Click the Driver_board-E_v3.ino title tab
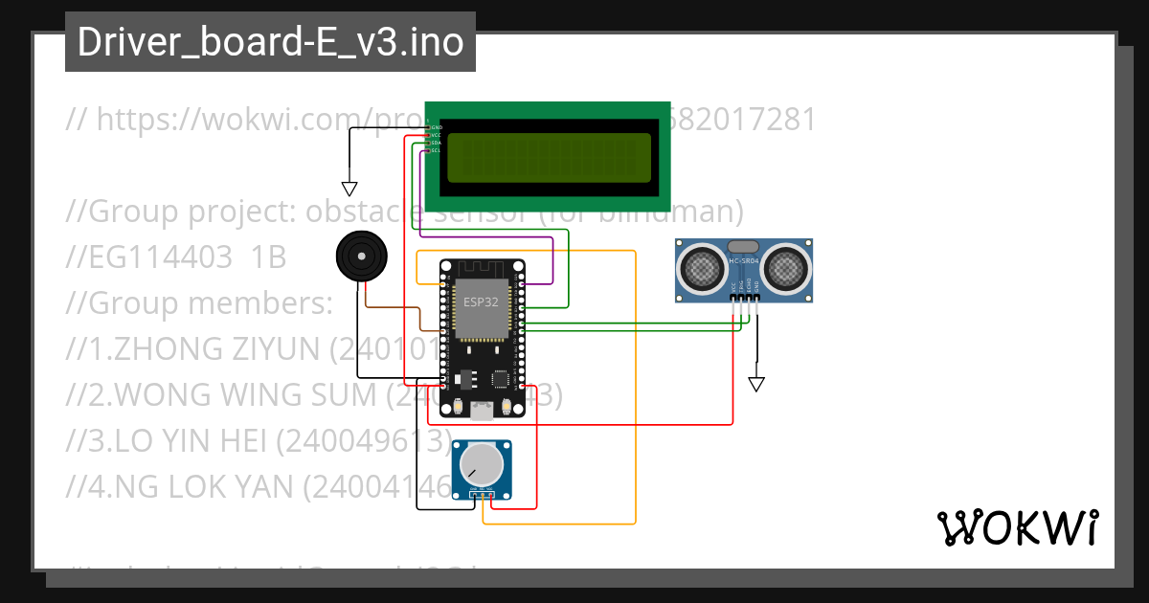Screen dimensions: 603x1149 click(x=270, y=42)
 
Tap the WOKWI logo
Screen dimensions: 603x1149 click(x=1017, y=527)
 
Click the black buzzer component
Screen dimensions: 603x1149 click(x=360, y=257)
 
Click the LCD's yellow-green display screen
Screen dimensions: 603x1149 click(x=548, y=157)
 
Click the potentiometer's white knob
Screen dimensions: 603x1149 click(x=481, y=465)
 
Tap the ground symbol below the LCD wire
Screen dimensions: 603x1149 click(x=349, y=189)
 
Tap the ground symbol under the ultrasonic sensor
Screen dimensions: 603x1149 click(x=756, y=384)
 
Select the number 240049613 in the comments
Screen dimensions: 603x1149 click(x=364, y=441)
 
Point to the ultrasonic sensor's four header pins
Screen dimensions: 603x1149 click(x=745, y=298)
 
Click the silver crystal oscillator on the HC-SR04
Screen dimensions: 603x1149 click(x=744, y=247)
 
